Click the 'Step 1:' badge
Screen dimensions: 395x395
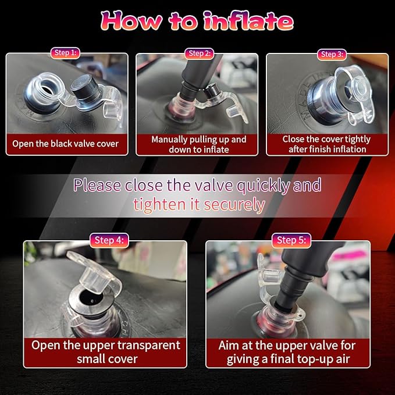[x=65, y=53]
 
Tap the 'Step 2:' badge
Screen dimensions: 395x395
[x=200, y=54]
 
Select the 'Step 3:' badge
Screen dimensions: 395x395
[x=332, y=55]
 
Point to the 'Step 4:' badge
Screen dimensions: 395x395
[x=109, y=240]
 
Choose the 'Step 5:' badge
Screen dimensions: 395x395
[x=291, y=240]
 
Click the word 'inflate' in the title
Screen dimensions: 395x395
[x=249, y=21]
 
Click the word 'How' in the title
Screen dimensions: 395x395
[x=131, y=21]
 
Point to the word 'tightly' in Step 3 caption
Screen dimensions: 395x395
[x=357, y=139]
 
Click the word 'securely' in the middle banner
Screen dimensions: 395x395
[x=234, y=205]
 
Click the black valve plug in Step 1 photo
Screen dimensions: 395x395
[x=86, y=90]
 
